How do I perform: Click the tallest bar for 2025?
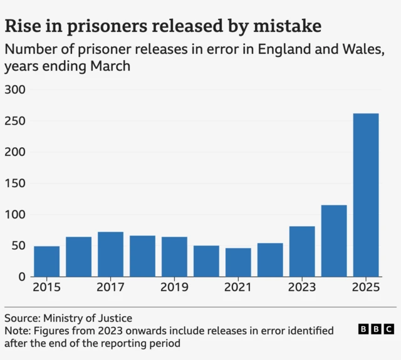(366, 195)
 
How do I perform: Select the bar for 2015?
(47, 261)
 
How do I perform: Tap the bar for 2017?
(111, 254)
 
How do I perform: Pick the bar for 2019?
(174, 257)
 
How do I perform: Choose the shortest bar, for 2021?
(238, 262)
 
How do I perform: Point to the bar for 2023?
(302, 251)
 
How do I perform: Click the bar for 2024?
(334, 240)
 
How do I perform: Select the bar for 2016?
(79, 257)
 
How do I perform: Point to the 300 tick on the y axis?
(14, 90)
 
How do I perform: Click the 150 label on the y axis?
(14, 184)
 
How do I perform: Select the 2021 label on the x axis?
(238, 288)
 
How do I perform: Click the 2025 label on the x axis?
(366, 288)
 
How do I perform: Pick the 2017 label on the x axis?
(111, 288)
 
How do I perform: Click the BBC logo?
(376, 329)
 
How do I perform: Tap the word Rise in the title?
(23, 26)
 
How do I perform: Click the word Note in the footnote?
(17, 331)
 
